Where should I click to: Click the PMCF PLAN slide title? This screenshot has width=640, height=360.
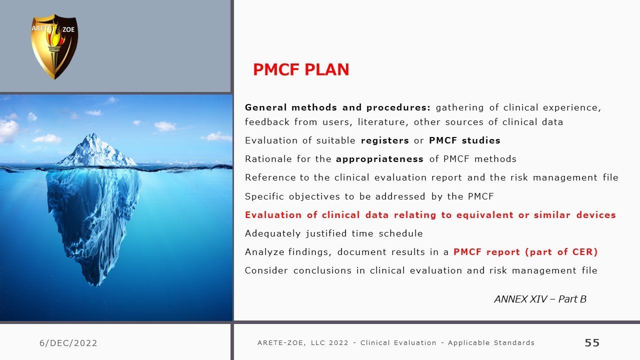[x=301, y=69]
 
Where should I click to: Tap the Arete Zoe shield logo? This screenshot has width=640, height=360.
[x=54, y=46]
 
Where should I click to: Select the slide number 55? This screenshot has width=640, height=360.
[x=592, y=342]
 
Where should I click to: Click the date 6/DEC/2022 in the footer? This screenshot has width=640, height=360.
[x=68, y=343]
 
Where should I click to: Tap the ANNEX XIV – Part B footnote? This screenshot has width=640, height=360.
[x=540, y=299]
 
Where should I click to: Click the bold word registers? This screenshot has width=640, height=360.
[x=385, y=140]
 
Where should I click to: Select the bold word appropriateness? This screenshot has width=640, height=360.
[x=379, y=159]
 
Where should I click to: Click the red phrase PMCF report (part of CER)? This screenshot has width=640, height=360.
[x=525, y=251]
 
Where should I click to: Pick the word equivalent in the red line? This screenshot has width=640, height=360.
[x=485, y=215]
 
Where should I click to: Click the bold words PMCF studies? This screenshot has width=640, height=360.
[x=465, y=140]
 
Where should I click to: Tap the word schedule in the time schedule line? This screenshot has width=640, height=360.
[x=401, y=233]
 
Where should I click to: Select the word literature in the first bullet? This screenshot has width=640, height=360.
[x=381, y=122]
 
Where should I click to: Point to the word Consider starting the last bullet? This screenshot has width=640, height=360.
[x=266, y=270]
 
